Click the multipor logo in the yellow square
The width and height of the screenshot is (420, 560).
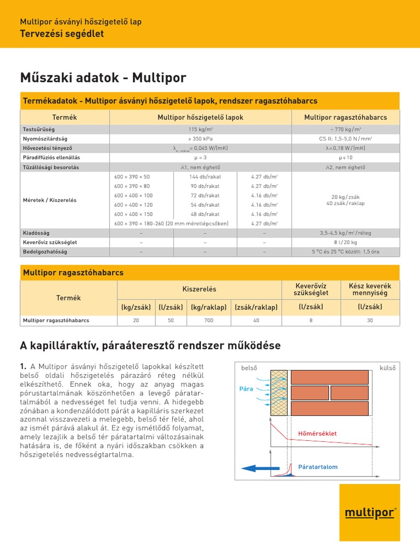coord(370,512)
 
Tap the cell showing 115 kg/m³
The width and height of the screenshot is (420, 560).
coord(200,130)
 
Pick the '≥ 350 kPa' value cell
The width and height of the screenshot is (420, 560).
coord(200,139)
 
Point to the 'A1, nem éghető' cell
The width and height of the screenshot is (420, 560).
coord(200,167)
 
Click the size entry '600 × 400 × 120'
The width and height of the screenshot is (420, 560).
coord(133,205)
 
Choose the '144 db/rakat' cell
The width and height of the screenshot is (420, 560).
coord(205,177)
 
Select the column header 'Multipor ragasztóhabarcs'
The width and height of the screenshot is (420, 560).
coord(345,118)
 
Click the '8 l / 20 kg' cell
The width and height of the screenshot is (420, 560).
coord(345,242)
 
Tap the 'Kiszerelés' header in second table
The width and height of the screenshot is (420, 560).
coord(199,288)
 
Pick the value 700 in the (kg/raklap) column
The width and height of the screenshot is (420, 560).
coord(209,320)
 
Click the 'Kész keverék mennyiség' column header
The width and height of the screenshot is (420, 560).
coord(370,289)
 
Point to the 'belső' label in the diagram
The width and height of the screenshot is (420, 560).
coord(249,368)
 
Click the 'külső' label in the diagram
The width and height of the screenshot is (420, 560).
coord(387,368)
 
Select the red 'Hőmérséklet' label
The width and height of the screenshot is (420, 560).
coord(317,434)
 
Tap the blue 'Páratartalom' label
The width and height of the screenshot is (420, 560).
coord(318,466)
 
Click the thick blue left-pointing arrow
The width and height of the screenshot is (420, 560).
coord(259,468)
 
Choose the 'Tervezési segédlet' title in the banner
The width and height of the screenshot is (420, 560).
coord(62,34)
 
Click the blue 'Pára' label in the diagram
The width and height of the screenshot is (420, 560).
coord(247,389)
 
